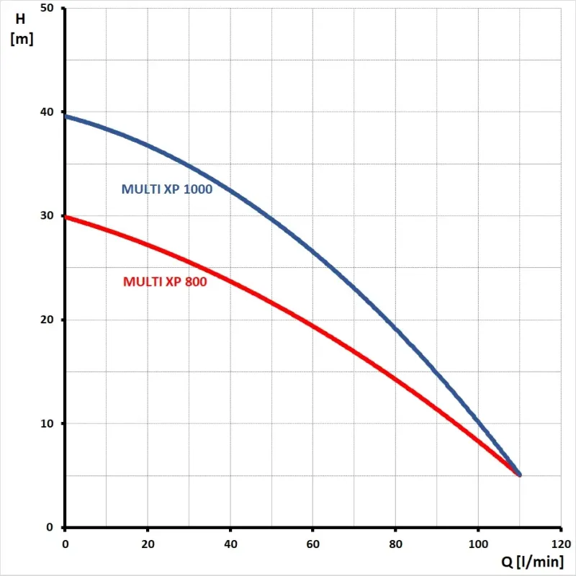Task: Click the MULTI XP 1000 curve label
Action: coord(166,190)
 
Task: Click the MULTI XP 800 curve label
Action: coord(165,282)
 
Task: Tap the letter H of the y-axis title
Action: coord(20,19)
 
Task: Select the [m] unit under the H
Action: coord(21,39)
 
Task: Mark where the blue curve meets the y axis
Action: coord(66,115)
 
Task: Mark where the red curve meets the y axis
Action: coord(66,216)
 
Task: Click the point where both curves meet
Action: coord(519,474)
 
